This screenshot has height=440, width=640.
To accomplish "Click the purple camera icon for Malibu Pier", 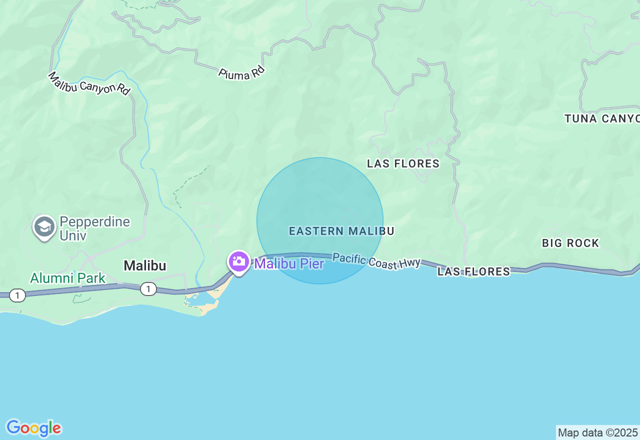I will pyautogui.click(x=239, y=261).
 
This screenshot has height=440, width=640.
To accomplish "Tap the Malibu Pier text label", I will pyautogui.click(x=289, y=263).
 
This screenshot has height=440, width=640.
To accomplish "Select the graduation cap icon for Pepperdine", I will pyautogui.click(x=44, y=227).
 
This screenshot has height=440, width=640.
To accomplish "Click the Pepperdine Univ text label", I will pyautogui.click(x=94, y=228).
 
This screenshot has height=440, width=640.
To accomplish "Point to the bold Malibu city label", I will pyautogui.click(x=145, y=265).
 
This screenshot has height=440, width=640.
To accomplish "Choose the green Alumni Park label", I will pyautogui.click(x=68, y=278).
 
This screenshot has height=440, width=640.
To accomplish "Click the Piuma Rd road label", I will pyautogui.click(x=241, y=72).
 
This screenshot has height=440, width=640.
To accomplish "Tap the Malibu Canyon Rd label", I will pyautogui.click(x=89, y=83).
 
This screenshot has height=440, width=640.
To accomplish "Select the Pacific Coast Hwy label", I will pyautogui.click(x=376, y=261).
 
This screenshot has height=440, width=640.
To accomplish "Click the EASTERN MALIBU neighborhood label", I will pyautogui.click(x=341, y=231).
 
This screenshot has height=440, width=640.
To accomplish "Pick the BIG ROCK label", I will pyautogui.click(x=570, y=243).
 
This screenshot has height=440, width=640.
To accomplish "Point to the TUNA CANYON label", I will pyautogui.click(x=602, y=118).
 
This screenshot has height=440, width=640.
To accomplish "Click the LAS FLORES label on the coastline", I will pyautogui.click(x=473, y=271).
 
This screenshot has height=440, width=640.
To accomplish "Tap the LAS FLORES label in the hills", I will pyautogui.click(x=403, y=163).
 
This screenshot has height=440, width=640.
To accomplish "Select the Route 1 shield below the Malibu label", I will pyautogui.click(x=148, y=289).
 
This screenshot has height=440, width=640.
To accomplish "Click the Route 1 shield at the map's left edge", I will pyautogui.click(x=17, y=295).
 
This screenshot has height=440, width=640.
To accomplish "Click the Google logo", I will pyautogui.click(x=33, y=428).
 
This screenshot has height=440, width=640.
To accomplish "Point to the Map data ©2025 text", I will pyautogui.click(x=597, y=432).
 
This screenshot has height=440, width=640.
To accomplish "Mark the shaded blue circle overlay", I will pyautogui.click(x=320, y=200).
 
